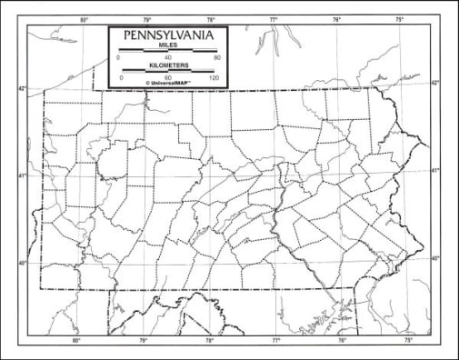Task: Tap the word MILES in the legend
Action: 167,45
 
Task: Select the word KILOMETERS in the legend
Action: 167,65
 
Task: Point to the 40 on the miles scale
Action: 167,57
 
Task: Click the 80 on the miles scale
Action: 216,57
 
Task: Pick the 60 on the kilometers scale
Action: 167,78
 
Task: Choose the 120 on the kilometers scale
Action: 215,78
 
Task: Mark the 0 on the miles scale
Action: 119,57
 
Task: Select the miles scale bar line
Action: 167,51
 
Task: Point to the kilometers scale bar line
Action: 167,71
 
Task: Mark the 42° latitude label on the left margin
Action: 24,89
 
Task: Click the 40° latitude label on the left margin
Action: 24,264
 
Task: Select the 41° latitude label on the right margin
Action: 434,171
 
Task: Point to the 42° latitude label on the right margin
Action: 434,83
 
